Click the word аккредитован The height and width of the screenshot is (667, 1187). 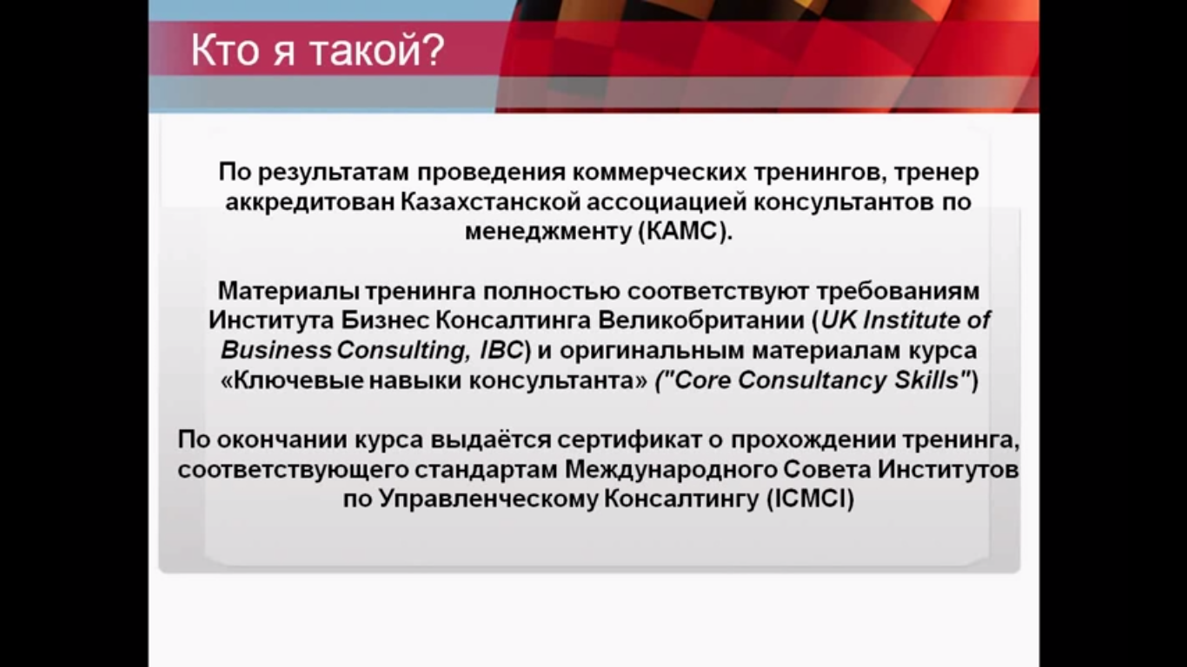pyautogui.click(x=310, y=201)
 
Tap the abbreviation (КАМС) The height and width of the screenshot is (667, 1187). pyautogui.click(x=686, y=232)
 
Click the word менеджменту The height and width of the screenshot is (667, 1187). pyautogui.click(x=548, y=232)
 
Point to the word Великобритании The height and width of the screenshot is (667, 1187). pyautogui.click(x=702, y=320)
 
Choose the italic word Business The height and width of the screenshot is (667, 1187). pyautogui.click(x=276, y=350)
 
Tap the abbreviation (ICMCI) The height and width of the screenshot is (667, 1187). pyautogui.click(x=811, y=499)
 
